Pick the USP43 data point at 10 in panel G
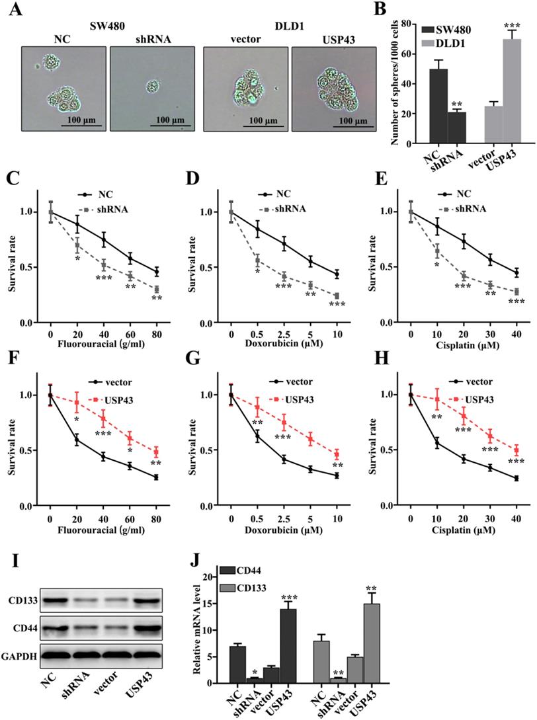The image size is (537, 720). click(x=337, y=454)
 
